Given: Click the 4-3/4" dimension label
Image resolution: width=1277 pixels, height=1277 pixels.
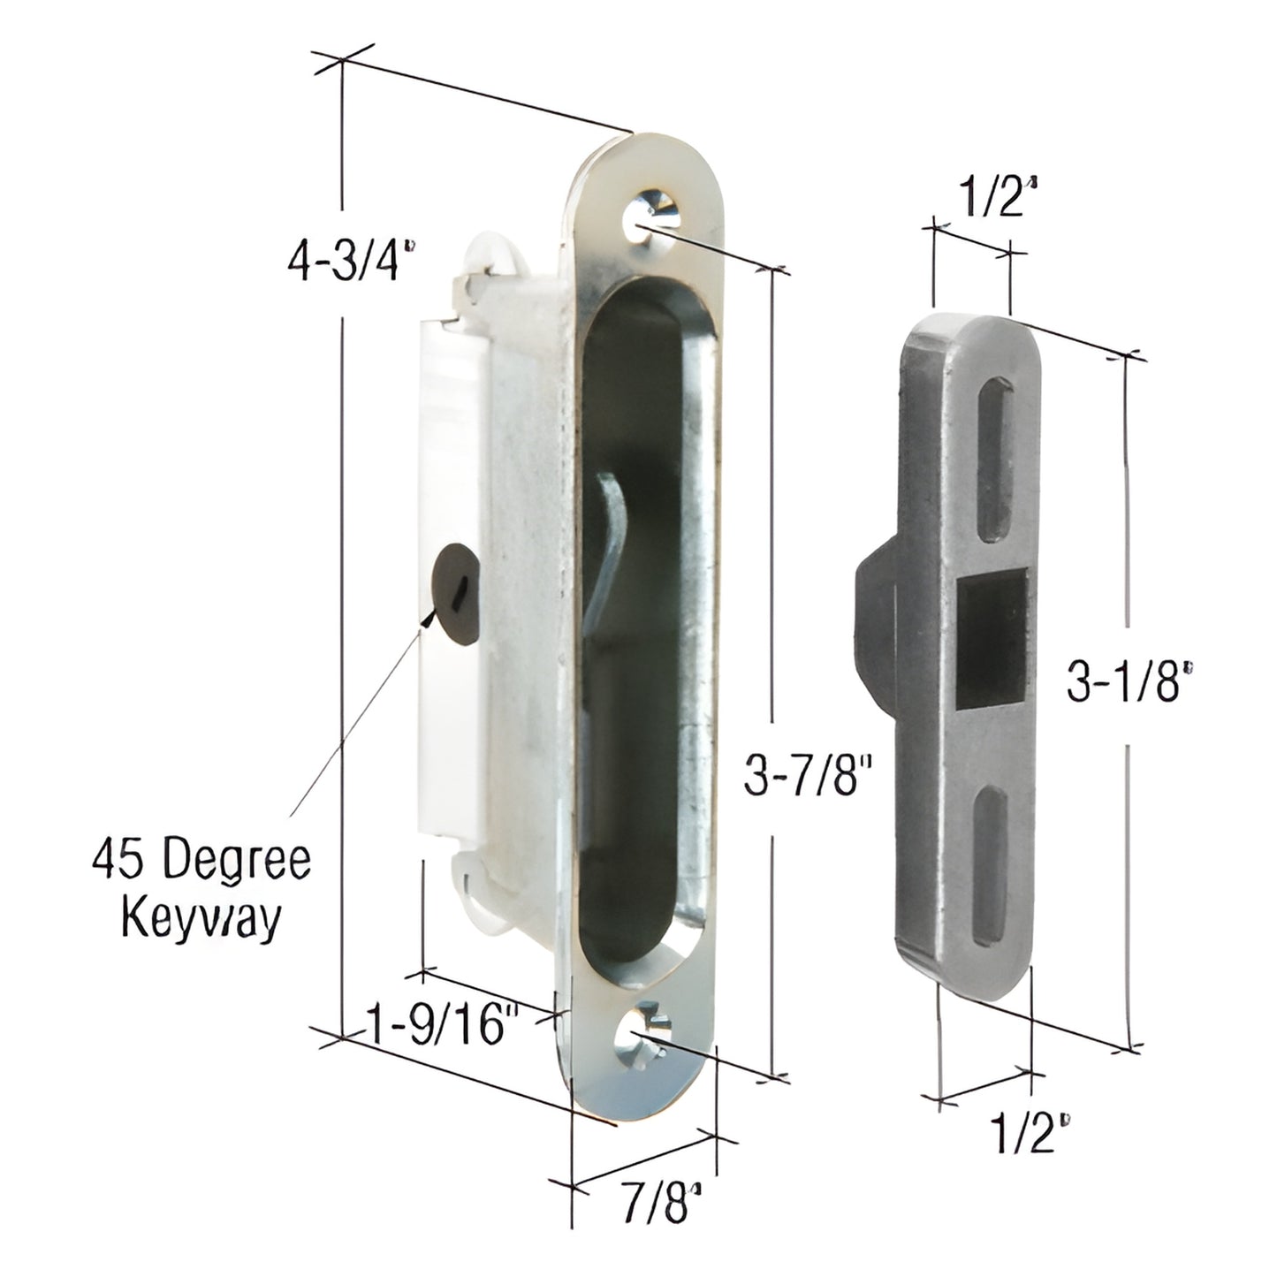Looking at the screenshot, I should point(350,262).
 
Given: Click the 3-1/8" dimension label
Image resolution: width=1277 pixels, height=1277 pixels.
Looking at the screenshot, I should point(1122,682).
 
